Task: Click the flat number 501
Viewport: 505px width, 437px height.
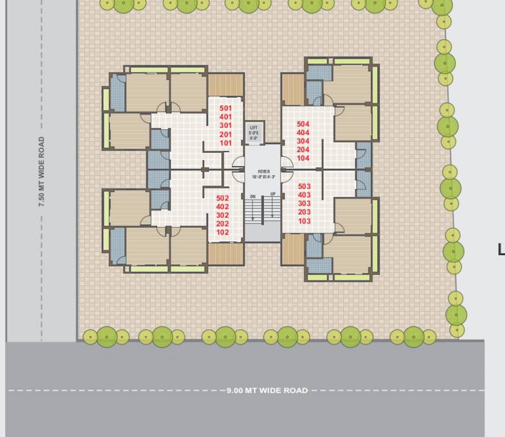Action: coord(226,108)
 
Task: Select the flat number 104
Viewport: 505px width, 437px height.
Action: coord(303,158)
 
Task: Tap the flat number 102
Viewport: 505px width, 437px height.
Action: coord(222,232)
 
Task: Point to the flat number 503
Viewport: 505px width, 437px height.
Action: coord(304,186)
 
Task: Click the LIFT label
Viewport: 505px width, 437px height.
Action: coord(254,127)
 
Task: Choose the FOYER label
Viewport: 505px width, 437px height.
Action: coord(263,171)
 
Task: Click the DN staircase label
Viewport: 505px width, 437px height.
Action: coord(252,196)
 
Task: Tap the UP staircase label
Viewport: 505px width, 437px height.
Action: coord(273,195)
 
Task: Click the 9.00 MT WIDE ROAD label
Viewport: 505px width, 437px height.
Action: coord(267,390)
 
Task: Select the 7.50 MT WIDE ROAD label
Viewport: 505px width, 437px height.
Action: coord(42,171)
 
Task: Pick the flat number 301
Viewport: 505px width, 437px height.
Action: coord(226,125)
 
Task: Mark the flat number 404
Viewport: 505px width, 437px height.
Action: coord(303,133)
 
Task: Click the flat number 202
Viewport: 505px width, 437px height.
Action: coord(222,224)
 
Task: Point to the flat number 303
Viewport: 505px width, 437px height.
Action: coord(304,203)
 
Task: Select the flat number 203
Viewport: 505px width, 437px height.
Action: coord(304,212)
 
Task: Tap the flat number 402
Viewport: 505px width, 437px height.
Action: coord(222,207)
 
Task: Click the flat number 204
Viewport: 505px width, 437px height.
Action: coord(303,150)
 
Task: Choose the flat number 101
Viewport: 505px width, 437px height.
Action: coord(226,143)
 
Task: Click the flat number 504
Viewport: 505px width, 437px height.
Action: coord(303,123)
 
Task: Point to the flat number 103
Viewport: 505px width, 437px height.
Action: coord(304,221)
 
